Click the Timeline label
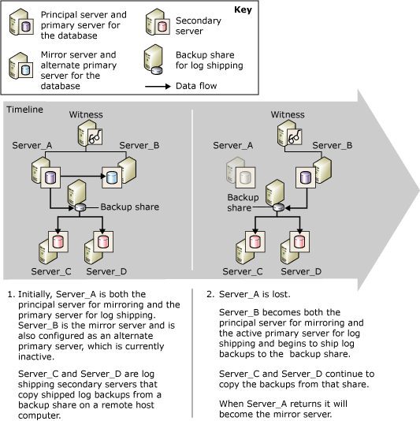click(x=25, y=110)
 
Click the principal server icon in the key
click(x=21, y=24)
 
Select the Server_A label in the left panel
click(x=32, y=146)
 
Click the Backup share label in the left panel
click(x=129, y=207)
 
